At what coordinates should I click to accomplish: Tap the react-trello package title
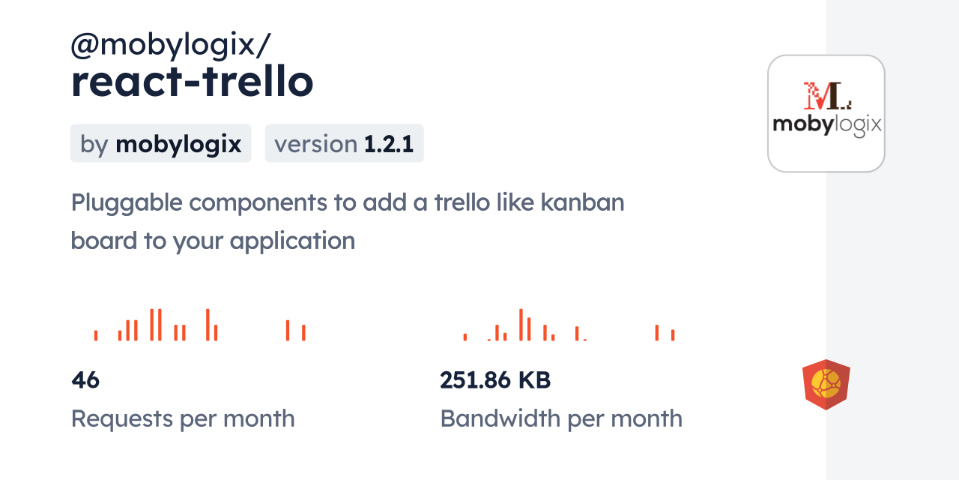coord(192,82)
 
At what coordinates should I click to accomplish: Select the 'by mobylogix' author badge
coord(160,144)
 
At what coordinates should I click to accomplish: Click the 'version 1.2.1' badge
coord(344,144)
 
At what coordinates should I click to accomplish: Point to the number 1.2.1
coord(389,144)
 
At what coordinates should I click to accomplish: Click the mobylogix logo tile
coord(826,114)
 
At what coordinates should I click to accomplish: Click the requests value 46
coord(85,380)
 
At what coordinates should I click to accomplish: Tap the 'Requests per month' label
coord(183,418)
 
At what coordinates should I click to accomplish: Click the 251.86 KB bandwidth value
coord(495,380)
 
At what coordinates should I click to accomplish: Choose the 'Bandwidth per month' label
coord(561,418)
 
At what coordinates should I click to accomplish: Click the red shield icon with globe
coord(826,385)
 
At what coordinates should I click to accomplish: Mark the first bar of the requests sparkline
coord(96,335)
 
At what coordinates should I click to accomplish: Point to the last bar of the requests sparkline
coord(303,333)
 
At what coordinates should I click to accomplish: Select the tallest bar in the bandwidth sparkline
coord(521,325)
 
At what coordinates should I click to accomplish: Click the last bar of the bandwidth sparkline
coord(673,335)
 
